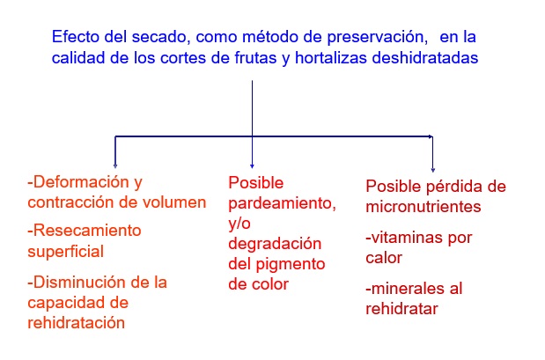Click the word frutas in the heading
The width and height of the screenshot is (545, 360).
pos(255,58)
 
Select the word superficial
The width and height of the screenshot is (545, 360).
pos(66,252)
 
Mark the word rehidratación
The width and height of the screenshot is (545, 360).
pos(76,323)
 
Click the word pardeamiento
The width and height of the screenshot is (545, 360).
pos(283,204)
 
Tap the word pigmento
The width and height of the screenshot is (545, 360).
pos(291,265)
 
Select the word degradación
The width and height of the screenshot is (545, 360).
pos(275,245)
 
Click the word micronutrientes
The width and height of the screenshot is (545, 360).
pos(423,207)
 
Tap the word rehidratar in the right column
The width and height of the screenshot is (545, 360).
pos(401,309)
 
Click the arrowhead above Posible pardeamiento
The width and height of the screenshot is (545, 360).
pos(252,166)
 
